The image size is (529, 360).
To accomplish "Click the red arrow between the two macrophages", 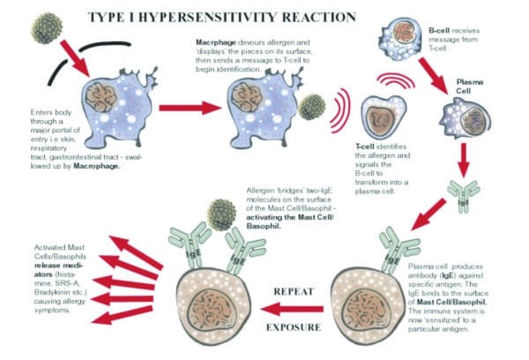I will (186, 107).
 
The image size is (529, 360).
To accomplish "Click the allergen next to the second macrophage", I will (309, 107).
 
